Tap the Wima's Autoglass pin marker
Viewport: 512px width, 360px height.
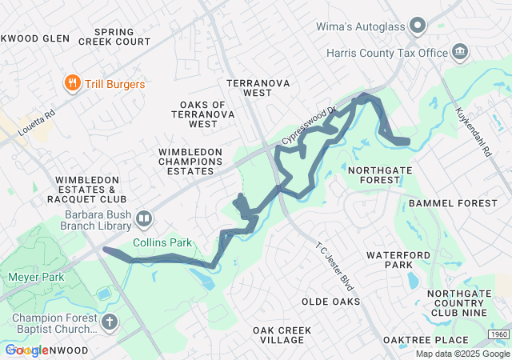pyautogui.click(x=416, y=26)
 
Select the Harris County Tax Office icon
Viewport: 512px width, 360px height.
pyautogui.click(x=460, y=53)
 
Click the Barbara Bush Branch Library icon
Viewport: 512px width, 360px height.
pyautogui.click(x=144, y=218)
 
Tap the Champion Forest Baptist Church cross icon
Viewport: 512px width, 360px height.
pyautogui.click(x=109, y=322)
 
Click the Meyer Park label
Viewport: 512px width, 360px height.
pyautogui.click(x=34, y=277)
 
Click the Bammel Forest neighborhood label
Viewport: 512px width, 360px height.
pyautogui.click(x=452, y=203)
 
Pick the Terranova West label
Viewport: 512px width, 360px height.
pyautogui.click(x=256, y=88)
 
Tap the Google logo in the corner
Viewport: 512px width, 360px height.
pyautogui.click(x=26, y=350)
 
